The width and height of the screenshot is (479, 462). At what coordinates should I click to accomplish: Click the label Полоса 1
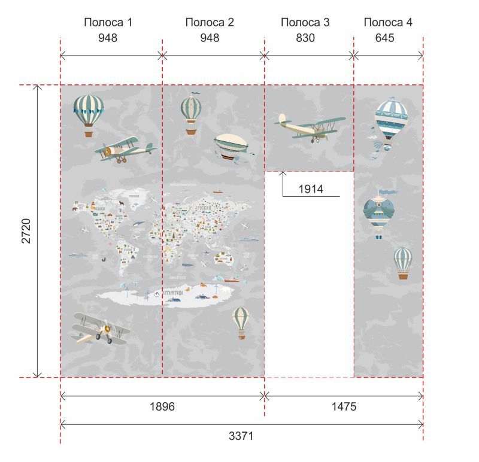pyautogui.click(x=108, y=23)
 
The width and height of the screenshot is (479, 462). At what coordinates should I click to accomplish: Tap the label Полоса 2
pyautogui.click(x=210, y=23)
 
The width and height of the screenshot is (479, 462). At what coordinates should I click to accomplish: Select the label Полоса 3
pyautogui.click(x=305, y=23)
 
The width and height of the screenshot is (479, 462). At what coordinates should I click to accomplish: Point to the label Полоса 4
pyautogui.click(x=388, y=23)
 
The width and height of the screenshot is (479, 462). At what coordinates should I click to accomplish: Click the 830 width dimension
pyautogui.click(x=305, y=38)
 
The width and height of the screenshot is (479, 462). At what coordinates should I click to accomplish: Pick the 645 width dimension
pyautogui.click(x=388, y=38)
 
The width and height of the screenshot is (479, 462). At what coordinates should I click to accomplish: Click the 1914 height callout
pyautogui.click(x=311, y=189)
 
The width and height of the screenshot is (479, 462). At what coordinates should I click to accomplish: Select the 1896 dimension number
pyautogui.click(x=162, y=407)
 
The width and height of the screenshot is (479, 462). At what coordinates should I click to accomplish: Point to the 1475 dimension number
pyautogui.click(x=343, y=407)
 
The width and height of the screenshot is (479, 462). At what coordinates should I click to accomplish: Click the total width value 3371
pyautogui.click(x=241, y=436)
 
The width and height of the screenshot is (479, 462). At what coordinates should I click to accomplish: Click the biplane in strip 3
pyautogui.click(x=310, y=127)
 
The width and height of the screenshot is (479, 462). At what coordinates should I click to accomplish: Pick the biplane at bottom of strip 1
pyautogui.click(x=101, y=328)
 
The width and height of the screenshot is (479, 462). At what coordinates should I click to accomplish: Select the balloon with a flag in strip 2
pyautogui.click(x=191, y=113)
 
